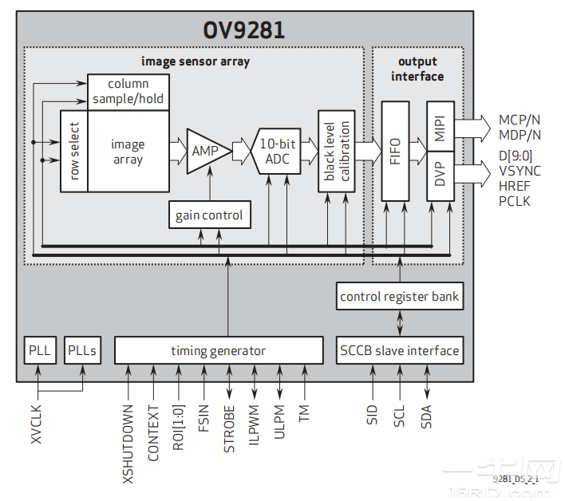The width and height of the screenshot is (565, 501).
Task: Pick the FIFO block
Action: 395,151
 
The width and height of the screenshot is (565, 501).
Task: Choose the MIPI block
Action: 440,126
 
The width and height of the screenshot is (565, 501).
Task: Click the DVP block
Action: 440,175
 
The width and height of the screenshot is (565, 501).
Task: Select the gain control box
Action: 210,215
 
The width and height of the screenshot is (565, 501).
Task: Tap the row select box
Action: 73,151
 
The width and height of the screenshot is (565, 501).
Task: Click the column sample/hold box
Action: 128,92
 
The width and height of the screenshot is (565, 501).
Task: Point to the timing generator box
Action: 218,350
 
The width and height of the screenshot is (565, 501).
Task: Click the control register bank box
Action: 399,296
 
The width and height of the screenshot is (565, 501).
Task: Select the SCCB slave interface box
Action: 399,350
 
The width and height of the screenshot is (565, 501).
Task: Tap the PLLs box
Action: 83,350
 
